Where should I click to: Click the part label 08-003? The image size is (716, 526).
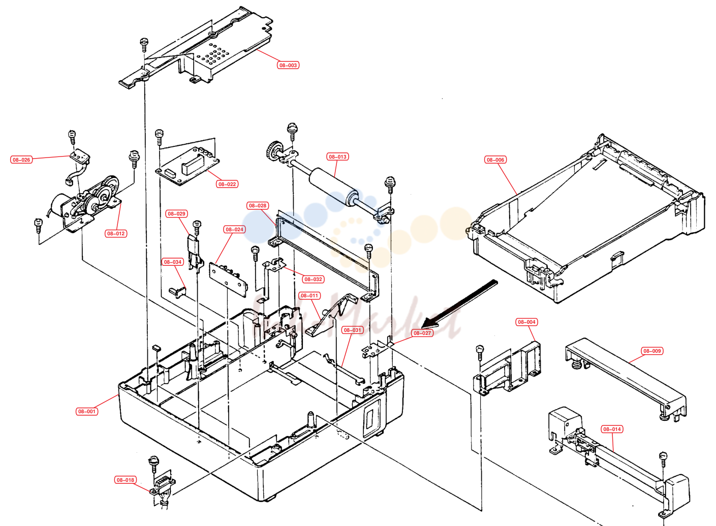click(288, 65)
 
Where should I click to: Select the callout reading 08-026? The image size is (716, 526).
click(21, 160)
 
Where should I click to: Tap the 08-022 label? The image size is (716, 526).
click(227, 184)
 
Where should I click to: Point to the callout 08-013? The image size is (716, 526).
click(337, 157)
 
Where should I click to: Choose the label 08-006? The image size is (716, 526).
click(495, 160)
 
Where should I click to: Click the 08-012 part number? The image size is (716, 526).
click(116, 233)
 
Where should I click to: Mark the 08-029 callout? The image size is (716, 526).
click(176, 213)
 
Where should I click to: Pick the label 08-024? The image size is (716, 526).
click(234, 229)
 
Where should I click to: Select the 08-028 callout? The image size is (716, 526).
click(258, 206)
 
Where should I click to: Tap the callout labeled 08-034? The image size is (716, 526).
click(173, 262)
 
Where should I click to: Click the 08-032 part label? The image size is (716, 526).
click(313, 279)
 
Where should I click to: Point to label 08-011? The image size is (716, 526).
click(309, 295)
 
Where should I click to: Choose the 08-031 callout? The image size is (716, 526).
click(352, 330)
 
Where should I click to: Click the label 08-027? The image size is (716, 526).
click(422, 333)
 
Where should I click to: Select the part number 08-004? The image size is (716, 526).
click(526, 322)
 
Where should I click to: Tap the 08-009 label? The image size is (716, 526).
click(652, 351)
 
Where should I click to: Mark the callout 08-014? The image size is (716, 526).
click(612, 429)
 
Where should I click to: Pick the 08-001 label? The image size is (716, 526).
click(87, 411)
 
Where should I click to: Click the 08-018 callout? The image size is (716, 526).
click(126, 480)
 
